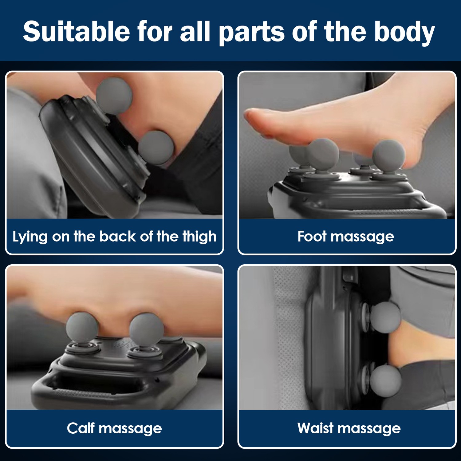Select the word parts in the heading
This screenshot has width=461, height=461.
tap(252, 32)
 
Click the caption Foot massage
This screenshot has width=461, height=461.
tap(346, 237)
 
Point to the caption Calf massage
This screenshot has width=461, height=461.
tap(114, 428)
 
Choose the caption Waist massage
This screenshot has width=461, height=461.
tap(349, 428)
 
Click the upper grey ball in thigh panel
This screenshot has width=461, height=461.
tap(114, 95)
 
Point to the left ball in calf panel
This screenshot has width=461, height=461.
tap(82, 328)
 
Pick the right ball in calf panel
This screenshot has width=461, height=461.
tap(146, 329)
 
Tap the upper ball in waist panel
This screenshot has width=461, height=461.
tap(385, 317)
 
